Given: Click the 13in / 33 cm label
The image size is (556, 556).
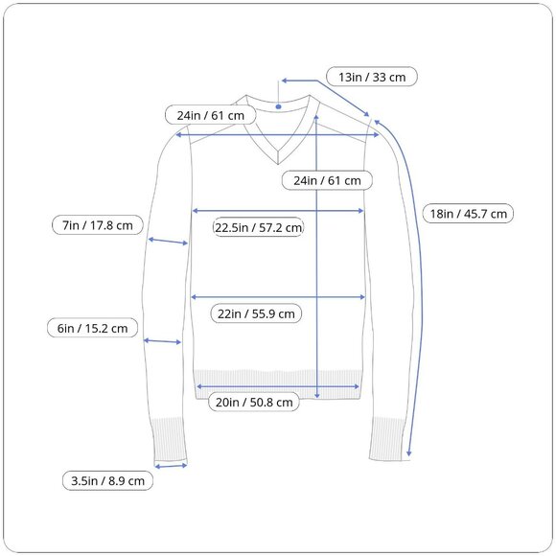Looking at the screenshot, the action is [372, 77].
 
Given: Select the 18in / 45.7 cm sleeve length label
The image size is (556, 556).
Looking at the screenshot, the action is [468, 214].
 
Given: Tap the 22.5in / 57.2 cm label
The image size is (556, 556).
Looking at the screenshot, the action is [258, 227].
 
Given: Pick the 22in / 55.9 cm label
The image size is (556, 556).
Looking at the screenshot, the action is [256, 313].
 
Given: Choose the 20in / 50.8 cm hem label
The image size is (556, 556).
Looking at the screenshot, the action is [254, 402].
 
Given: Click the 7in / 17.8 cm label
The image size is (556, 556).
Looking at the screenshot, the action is [98, 225].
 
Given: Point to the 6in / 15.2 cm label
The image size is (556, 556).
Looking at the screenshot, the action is [92, 328].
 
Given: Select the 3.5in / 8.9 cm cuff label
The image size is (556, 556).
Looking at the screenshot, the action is [107, 481].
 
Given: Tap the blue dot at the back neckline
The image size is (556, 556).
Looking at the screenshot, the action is [278, 106].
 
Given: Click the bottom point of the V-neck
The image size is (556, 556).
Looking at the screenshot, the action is [278, 164].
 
